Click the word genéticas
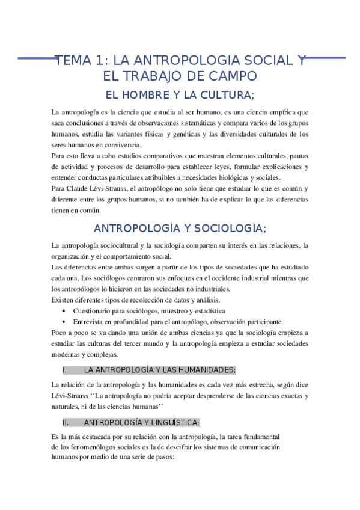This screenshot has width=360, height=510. click(189, 134)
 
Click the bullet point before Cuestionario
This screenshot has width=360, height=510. click(64, 310)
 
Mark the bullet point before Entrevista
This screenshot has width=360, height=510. click(64, 321)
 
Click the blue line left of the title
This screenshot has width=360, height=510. click(36, 58)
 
